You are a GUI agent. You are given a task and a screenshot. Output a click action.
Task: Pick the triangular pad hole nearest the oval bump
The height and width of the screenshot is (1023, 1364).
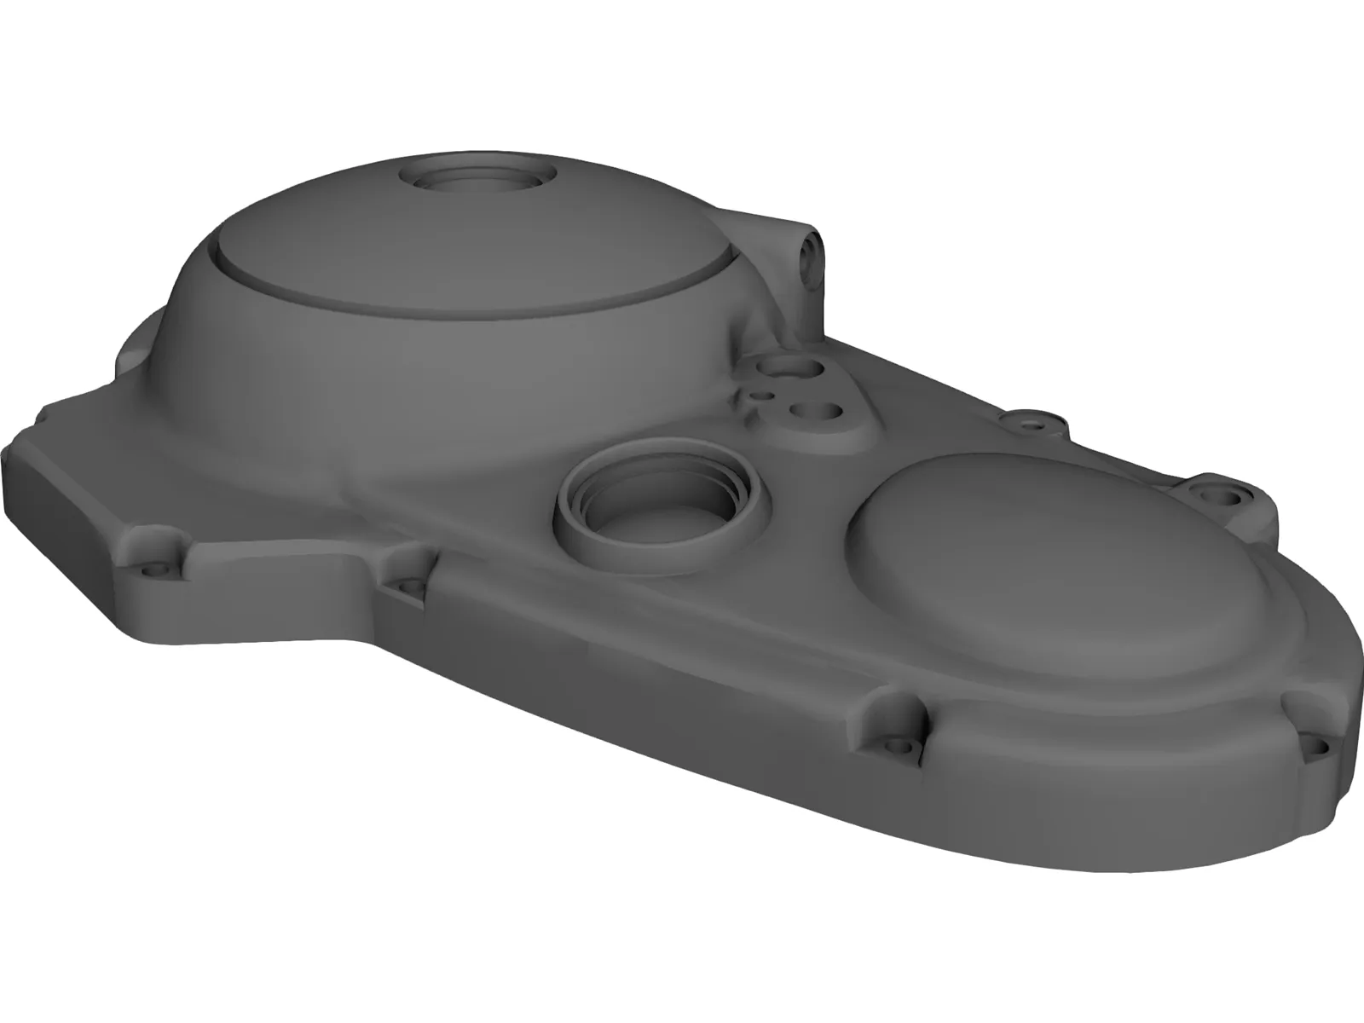pyautogui.click(x=824, y=413)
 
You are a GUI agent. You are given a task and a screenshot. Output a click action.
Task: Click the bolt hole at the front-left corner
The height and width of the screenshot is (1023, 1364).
pyautogui.click(x=153, y=564)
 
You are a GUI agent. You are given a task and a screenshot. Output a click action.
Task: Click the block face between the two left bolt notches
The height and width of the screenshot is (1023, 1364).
pyautogui.click(x=281, y=588)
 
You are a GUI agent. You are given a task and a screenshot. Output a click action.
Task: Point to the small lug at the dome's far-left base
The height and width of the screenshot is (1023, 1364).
pyautogui.click(x=136, y=350)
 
